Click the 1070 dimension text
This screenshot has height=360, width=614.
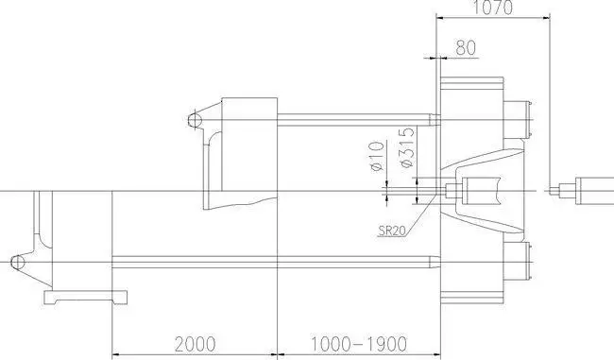492,7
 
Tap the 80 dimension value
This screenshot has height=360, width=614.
466,48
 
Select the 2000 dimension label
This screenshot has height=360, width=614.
195,344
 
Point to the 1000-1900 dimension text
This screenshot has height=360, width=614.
359,344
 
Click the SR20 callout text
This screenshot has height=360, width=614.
392,231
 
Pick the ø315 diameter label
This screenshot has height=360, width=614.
408,147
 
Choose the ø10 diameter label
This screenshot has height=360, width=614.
376,156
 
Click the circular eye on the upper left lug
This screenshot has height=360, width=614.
195,119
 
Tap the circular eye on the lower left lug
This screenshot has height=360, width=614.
17,262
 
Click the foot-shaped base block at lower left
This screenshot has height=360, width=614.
85,298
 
